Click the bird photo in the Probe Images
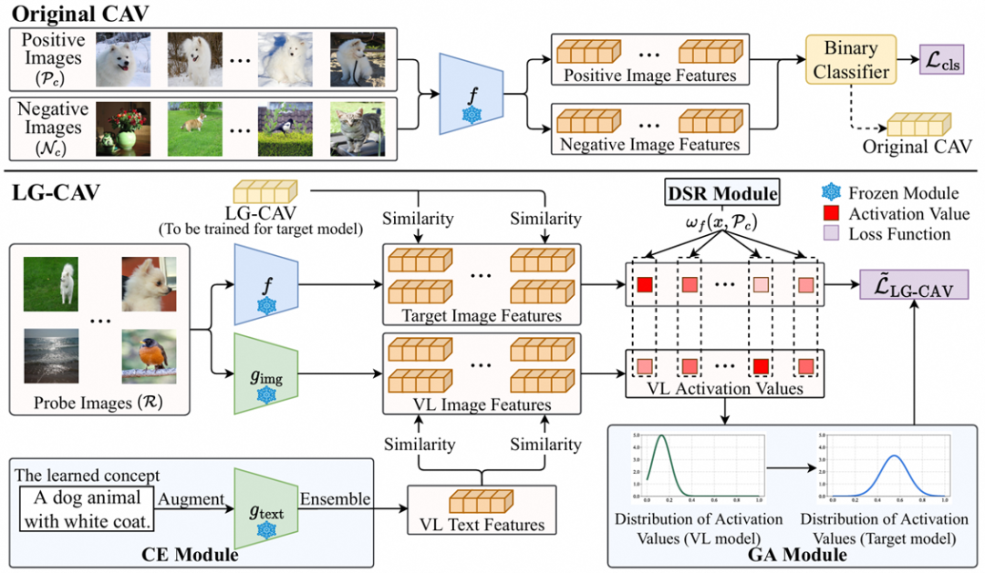[x=149, y=357]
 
